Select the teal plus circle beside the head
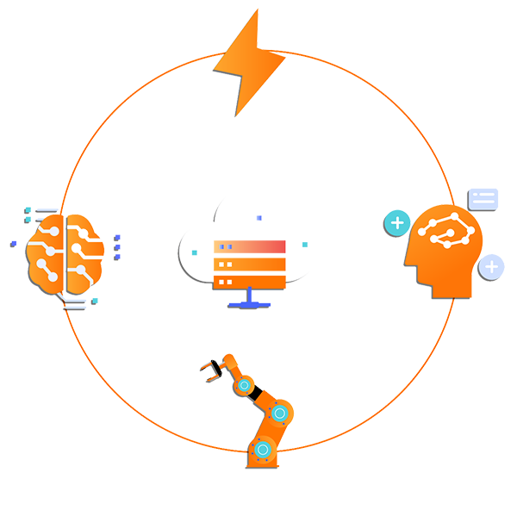(x=396, y=224)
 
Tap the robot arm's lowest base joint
(x=263, y=448)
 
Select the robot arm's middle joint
(x=278, y=414)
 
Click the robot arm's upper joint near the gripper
(x=244, y=384)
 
